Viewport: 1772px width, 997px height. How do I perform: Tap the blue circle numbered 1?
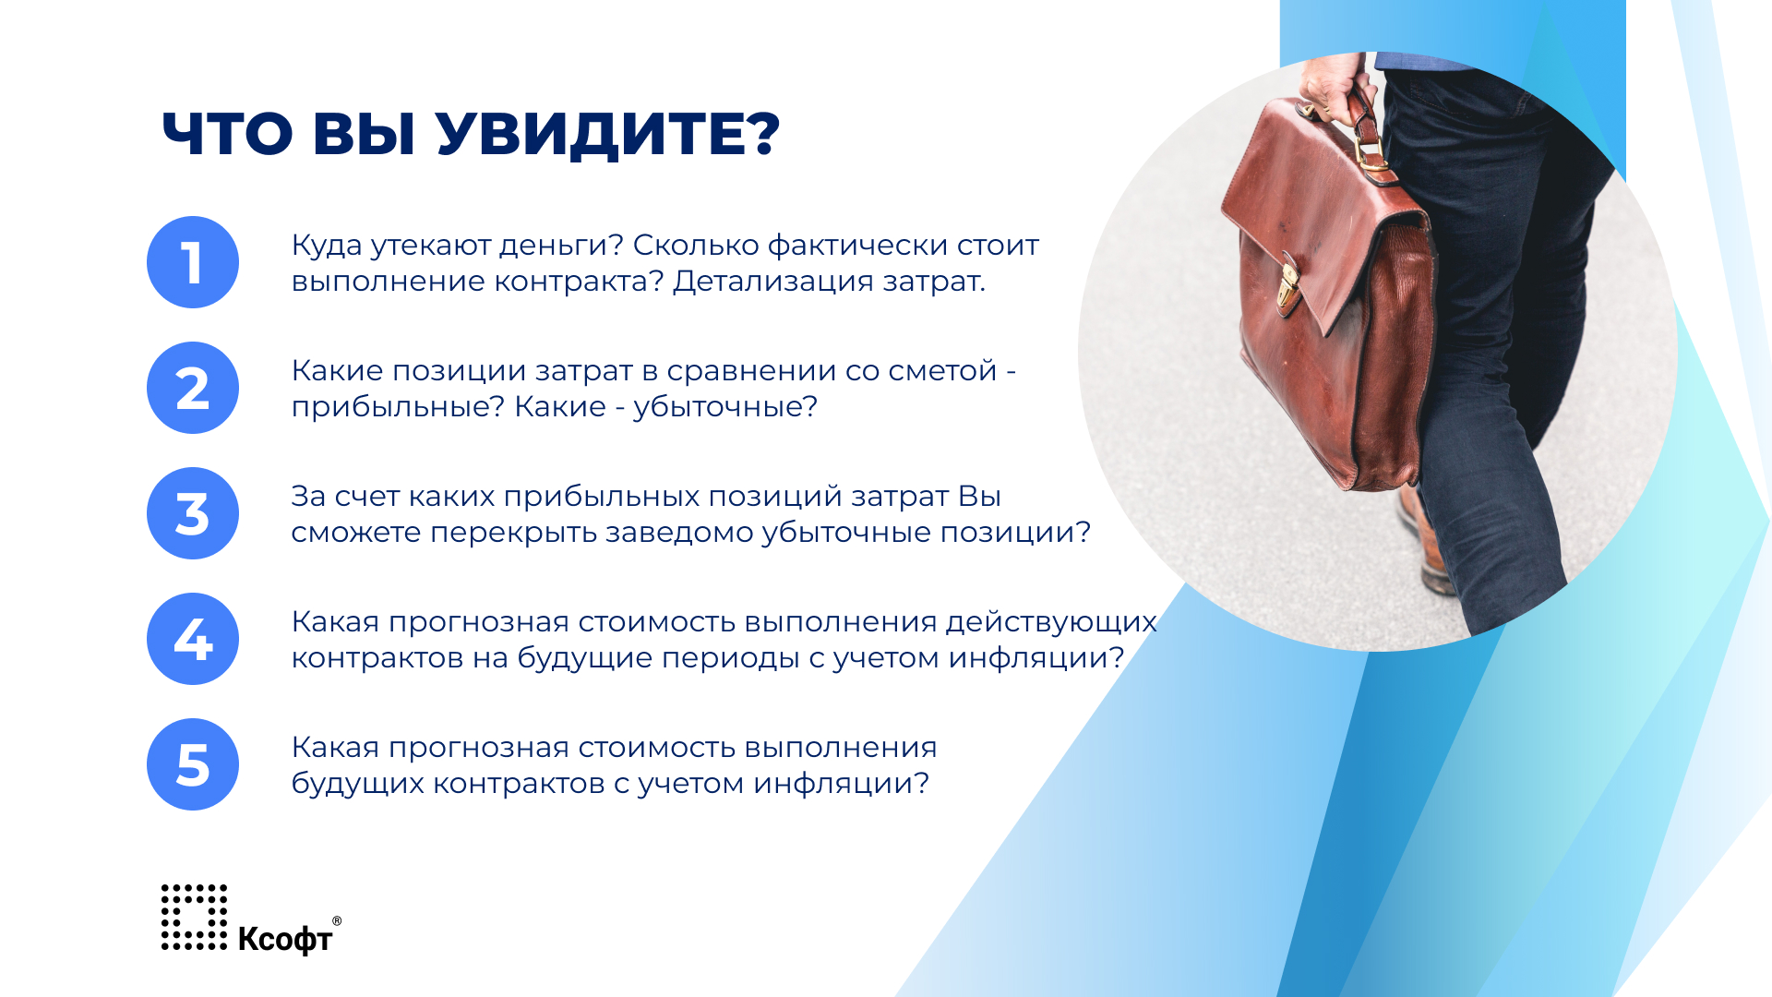pyautogui.click(x=193, y=262)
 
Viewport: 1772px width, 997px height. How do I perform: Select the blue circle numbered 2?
pyautogui.click(x=193, y=388)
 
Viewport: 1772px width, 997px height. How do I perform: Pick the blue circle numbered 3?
pyautogui.click(x=193, y=513)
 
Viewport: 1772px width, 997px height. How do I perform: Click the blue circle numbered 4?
pyautogui.click(x=193, y=639)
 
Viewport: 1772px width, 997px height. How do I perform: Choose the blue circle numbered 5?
pyautogui.click(x=193, y=764)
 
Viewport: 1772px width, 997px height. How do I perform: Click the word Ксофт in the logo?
pyautogui.click(x=285, y=939)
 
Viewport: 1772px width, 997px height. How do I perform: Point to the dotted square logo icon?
pyautogui.click(x=194, y=917)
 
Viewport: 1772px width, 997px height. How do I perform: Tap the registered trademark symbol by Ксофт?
pyautogui.click(x=337, y=920)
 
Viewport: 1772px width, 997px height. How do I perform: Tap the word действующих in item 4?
pyautogui.click(x=1051, y=622)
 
